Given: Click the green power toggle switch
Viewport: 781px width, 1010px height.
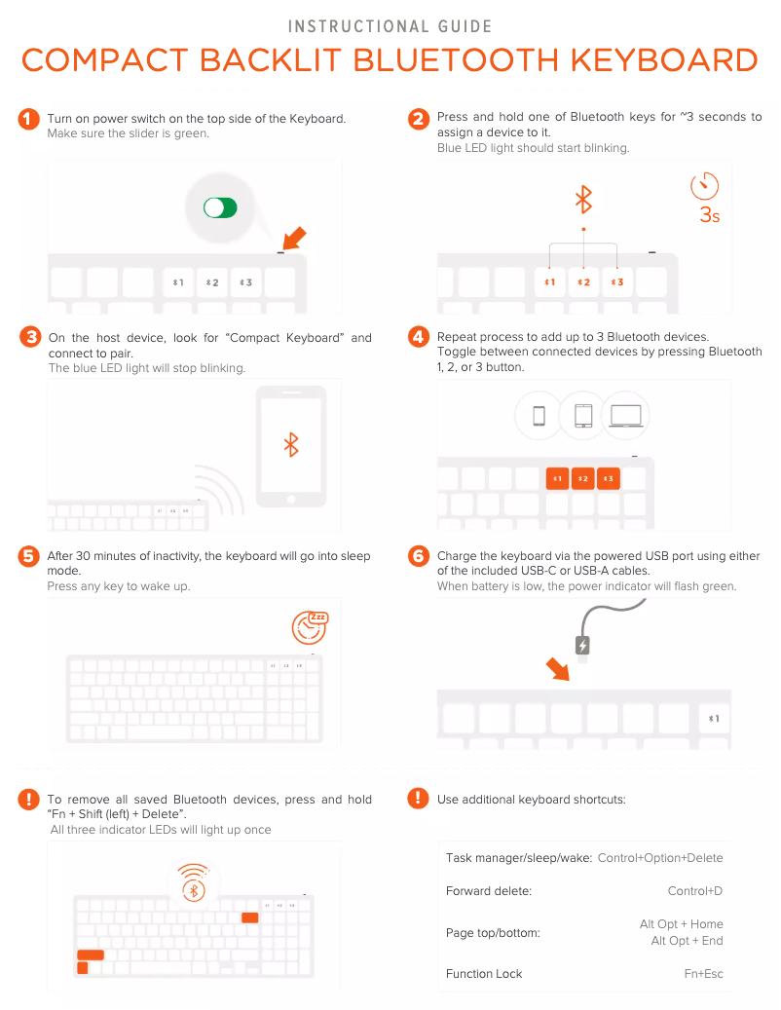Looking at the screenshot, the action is coord(220,208).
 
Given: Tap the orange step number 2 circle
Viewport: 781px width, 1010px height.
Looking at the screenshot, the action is coord(419,119).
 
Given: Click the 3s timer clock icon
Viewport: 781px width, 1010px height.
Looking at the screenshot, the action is coord(704,185).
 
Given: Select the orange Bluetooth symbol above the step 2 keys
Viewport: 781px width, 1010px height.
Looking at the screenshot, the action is coord(583,200).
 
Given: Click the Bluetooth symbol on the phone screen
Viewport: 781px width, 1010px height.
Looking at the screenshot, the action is coord(292,444).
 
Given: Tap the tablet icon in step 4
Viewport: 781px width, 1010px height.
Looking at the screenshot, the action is coord(583,416).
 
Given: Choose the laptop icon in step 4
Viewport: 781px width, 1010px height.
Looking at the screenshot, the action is coord(626,416).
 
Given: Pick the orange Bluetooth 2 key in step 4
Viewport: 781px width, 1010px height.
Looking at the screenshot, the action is coord(583,478).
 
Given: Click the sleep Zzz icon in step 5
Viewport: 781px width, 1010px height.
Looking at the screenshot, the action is coord(311,627).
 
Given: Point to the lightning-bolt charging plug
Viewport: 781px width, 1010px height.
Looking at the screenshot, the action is coord(582,645).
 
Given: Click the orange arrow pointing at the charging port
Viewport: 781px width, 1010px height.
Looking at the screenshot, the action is coord(558,668).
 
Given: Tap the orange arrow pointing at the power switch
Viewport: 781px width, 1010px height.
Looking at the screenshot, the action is coord(295,238).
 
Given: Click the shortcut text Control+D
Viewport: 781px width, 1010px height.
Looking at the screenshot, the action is coord(694,891).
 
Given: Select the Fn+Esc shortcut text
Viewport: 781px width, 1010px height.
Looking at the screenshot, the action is coord(703,973).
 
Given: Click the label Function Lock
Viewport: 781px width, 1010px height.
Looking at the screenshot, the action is coord(484,973).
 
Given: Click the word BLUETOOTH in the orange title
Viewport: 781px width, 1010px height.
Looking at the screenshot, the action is coord(456,60).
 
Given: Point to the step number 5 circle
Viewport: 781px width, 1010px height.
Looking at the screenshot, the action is coord(28,556).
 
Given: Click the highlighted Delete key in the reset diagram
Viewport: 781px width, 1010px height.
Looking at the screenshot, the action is coord(250,917).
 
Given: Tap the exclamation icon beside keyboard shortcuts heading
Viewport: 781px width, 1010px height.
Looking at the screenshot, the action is coord(418,798).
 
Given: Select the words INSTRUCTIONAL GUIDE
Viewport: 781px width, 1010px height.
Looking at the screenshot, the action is coord(390,26).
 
